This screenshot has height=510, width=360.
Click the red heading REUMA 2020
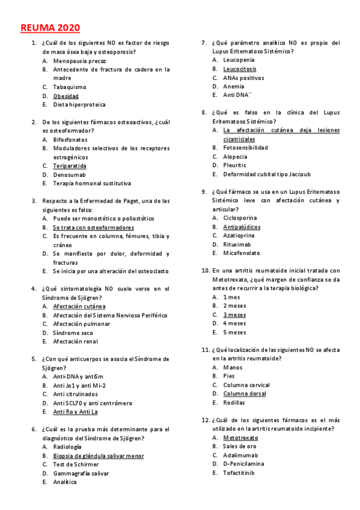(x=50, y=28)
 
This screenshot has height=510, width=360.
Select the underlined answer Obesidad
(x=66, y=96)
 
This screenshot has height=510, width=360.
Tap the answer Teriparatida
(x=70, y=166)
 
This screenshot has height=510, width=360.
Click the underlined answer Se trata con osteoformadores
(x=93, y=228)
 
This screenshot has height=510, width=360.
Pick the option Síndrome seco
(x=73, y=333)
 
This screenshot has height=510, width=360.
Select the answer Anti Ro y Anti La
(x=75, y=412)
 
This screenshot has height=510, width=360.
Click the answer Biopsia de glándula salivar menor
(x=98, y=456)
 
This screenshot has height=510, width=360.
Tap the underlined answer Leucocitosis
(x=239, y=69)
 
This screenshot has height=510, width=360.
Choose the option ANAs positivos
(x=243, y=78)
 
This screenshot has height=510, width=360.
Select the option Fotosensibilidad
(x=245, y=147)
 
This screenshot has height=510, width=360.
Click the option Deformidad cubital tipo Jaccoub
(x=267, y=174)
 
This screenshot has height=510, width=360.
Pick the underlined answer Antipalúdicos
(x=242, y=227)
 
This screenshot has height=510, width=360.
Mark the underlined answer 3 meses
(x=234, y=315)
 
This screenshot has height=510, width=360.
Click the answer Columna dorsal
(x=245, y=394)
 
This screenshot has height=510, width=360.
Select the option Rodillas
(x=234, y=402)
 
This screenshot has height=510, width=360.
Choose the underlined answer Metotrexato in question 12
(x=240, y=438)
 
